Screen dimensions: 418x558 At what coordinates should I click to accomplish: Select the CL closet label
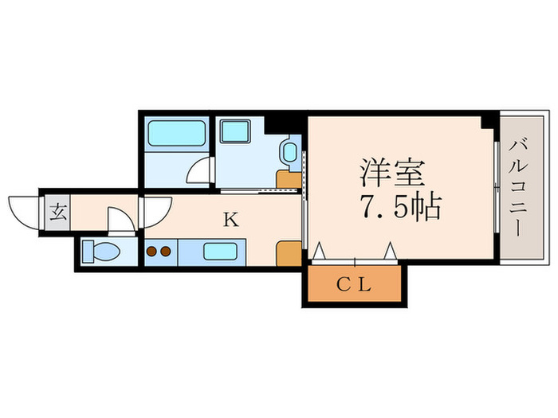(353, 285)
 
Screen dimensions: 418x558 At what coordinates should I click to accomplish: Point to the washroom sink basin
(289, 150)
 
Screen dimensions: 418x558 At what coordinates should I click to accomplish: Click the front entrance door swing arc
(23, 209)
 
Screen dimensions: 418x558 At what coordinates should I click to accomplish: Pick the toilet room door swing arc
(120, 219)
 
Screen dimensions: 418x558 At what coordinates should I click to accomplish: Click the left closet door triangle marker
(319, 252)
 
